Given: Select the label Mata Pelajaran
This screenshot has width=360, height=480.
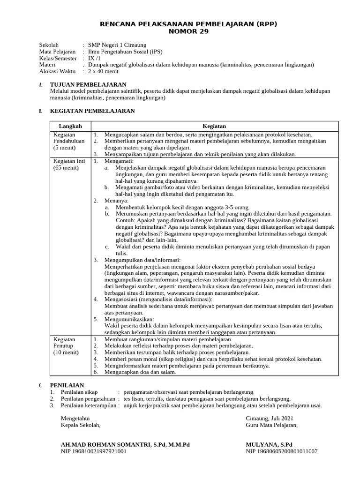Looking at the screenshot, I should (x=57, y=52).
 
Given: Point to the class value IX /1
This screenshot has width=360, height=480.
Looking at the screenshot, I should (x=94, y=58).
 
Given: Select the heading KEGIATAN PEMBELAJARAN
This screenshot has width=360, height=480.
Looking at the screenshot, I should (x=92, y=111).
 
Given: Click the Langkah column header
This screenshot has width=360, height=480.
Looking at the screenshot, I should (x=70, y=126).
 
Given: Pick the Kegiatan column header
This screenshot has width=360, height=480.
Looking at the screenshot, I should (x=214, y=126).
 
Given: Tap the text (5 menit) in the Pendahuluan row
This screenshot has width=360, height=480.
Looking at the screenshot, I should (x=65, y=147).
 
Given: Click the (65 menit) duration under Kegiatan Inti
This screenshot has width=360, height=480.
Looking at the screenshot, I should (x=66, y=167).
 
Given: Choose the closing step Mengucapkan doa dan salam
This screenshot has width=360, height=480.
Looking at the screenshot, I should (x=140, y=372).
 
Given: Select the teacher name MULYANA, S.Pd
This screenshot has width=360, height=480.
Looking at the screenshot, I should (x=269, y=444).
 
